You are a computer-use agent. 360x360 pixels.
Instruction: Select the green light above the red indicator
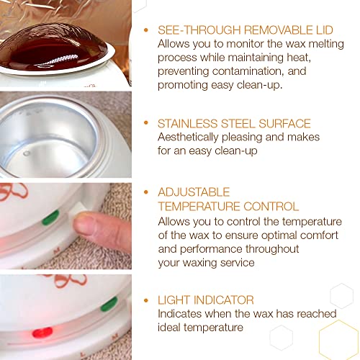tap(109, 304)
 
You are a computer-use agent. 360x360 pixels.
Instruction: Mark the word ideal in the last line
tap(171, 328)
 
